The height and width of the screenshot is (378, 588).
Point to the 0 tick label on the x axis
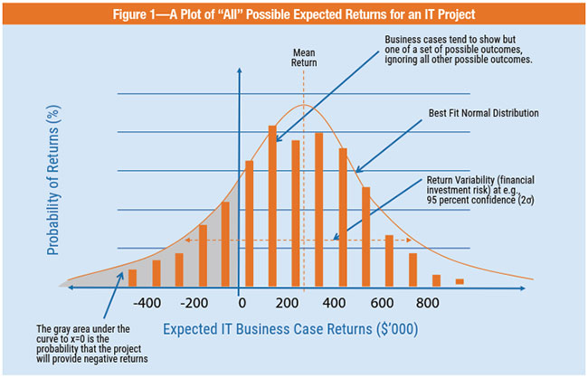tap(241, 303)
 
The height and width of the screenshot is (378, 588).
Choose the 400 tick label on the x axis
tap(332, 303)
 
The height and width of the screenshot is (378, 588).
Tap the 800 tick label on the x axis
tap(427, 303)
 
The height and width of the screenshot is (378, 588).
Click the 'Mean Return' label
tap(304, 58)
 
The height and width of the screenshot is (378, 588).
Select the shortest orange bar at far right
tap(460, 282)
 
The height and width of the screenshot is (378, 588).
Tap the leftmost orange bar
tap(133, 277)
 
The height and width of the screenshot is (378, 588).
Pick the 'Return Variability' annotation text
tap(485, 188)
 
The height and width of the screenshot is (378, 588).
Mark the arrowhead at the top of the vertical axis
tap(239, 72)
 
